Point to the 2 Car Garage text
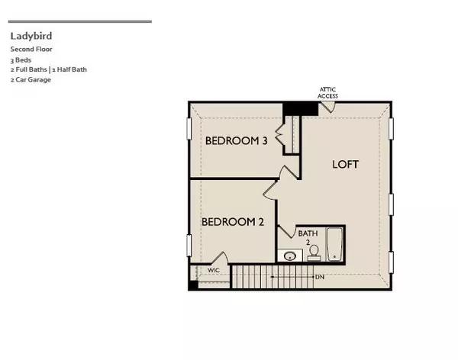[x=31, y=79]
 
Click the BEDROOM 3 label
[x=236, y=141]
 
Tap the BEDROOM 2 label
[x=232, y=222]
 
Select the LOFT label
[x=345, y=164]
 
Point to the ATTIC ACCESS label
[x=327, y=93]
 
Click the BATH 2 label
[x=306, y=237]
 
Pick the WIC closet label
[x=214, y=270]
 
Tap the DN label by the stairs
[x=319, y=276]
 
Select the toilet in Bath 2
[x=314, y=256]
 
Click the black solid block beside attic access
[x=301, y=108]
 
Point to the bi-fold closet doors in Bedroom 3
[x=280, y=137]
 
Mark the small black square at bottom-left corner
[x=193, y=285]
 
